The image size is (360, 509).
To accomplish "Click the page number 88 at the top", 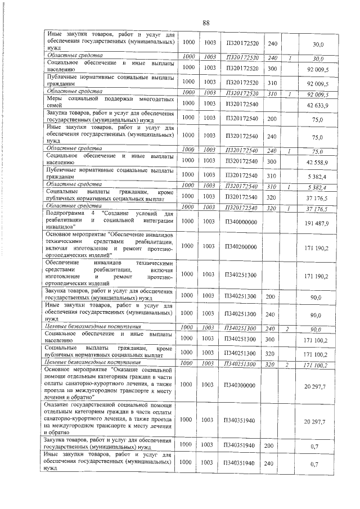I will (x=206, y=22).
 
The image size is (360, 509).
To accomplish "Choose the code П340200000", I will (x=241, y=246).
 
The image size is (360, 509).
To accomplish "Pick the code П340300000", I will (x=241, y=385).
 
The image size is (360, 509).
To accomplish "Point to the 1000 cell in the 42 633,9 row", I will (x=190, y=105).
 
